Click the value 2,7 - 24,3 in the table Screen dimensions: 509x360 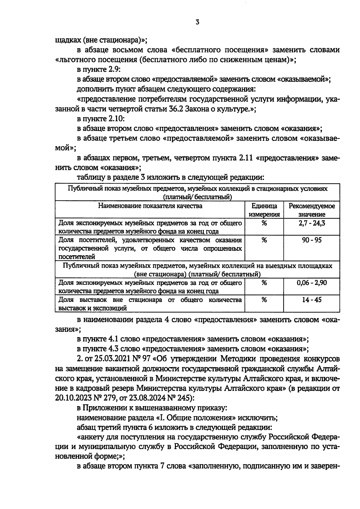pos(312,223)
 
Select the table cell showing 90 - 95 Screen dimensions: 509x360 pos(312,240)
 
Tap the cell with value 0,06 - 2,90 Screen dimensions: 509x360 pos(312,283)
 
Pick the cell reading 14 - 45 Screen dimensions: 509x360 pos(312,300)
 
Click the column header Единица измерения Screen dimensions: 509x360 pos(264,210)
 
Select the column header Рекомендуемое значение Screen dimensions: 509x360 pos(312,210)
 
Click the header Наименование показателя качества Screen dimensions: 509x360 pos(150,206)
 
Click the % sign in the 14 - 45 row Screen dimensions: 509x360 pos(264,300)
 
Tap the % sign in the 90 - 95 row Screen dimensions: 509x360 pos(264,240)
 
